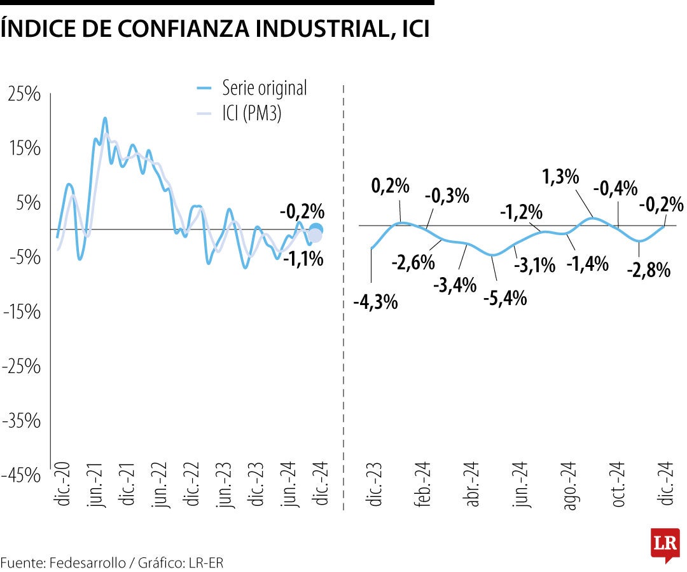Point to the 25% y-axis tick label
25,94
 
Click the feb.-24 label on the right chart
424,485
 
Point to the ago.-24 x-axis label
569,485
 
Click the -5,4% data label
506,297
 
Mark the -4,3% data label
376,302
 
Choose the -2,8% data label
649,270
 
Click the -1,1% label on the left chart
303,259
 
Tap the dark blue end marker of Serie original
316,229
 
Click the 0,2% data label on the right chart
390,186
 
